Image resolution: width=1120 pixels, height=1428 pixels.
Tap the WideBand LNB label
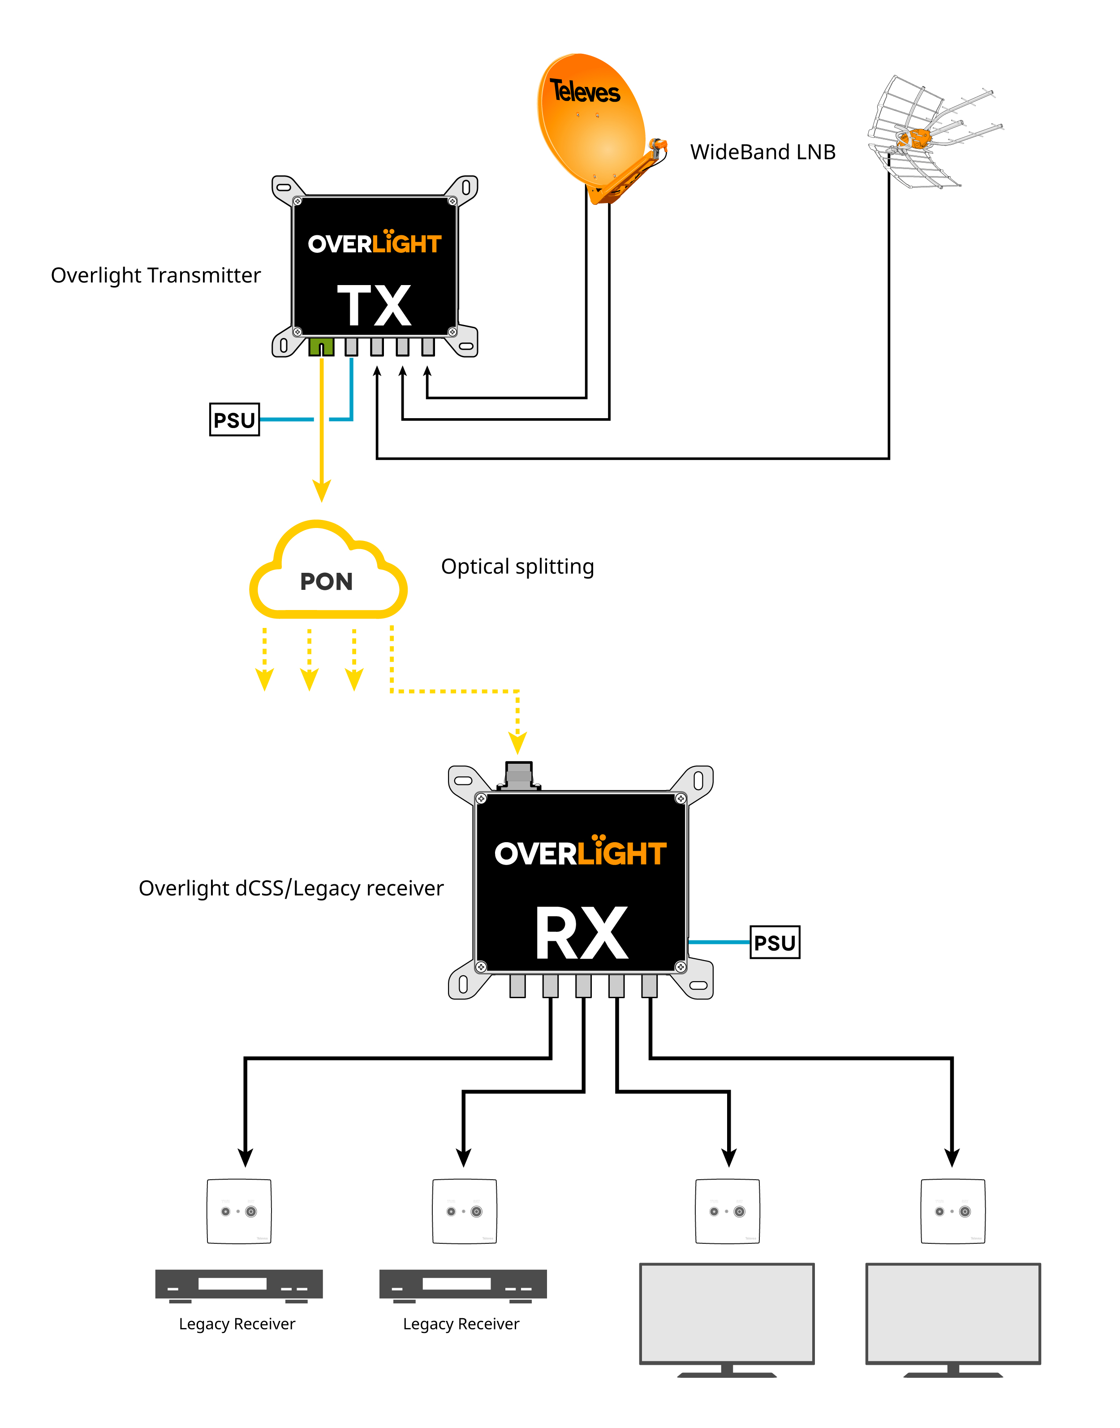point(762,152)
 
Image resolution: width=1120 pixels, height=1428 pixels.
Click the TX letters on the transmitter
point(375,305)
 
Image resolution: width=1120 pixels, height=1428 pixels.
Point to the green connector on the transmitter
point(321,346)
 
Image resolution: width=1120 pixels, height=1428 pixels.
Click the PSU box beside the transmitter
point(234,420)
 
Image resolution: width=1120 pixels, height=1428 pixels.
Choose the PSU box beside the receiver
point(775,943)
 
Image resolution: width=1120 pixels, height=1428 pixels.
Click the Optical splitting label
point(517,567)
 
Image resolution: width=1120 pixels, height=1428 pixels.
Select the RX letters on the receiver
point(582,934)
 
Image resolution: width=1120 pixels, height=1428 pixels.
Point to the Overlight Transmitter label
point(155,276)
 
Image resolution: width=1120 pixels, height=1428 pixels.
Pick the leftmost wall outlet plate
point(239,1211)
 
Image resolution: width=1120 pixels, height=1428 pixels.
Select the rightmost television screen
point(953,1314)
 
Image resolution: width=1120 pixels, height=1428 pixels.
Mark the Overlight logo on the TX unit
point(375,242)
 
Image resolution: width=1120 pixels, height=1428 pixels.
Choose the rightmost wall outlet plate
point(953,1211)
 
